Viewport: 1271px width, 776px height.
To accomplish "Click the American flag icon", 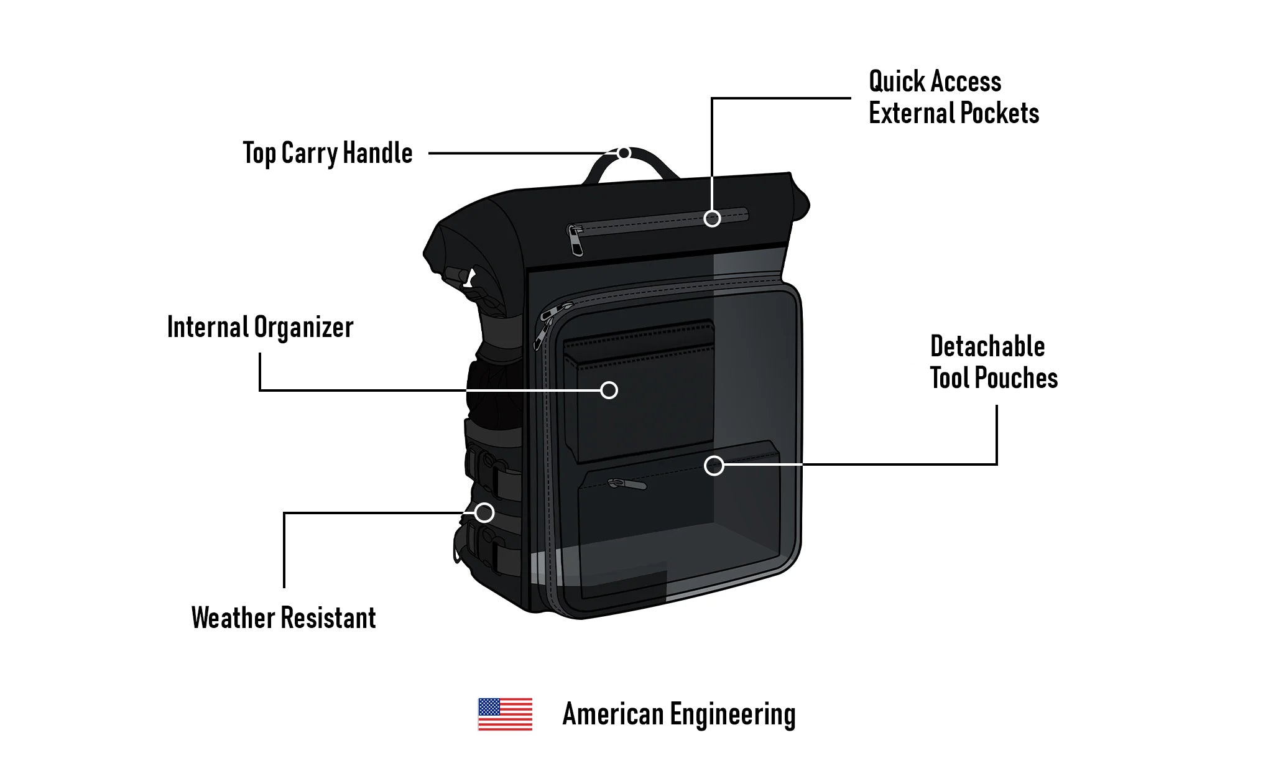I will point(505,714).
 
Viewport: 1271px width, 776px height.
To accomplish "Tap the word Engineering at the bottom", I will point(733,714).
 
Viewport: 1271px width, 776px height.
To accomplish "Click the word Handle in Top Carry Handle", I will point(377,153).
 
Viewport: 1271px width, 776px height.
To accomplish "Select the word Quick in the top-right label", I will point(897,81).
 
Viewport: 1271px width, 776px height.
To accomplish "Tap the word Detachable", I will point(987,346).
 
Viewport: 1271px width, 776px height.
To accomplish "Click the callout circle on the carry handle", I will point(624,153).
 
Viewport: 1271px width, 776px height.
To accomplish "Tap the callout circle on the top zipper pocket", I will point(712,218).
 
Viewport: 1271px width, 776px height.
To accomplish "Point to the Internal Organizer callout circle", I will point(609,390).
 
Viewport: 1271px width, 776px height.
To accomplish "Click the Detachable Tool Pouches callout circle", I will point(714,465).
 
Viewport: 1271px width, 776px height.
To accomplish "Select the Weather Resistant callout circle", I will point(484,513).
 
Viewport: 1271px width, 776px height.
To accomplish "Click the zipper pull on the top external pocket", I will point(575,241).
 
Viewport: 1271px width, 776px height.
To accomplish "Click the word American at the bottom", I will point(613,714).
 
